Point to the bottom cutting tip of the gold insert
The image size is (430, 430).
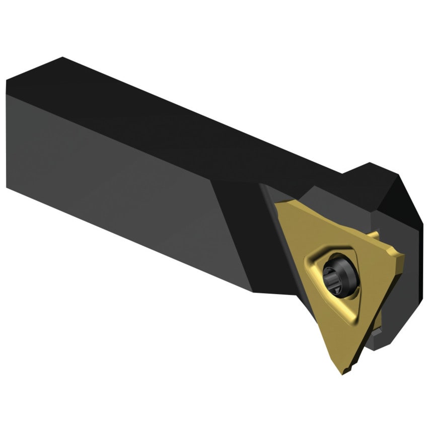(344, 372)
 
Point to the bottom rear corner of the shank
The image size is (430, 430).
(7, 186)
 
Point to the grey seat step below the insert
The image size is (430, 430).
(375, 337)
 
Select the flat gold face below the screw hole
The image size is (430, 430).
(342, 332)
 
